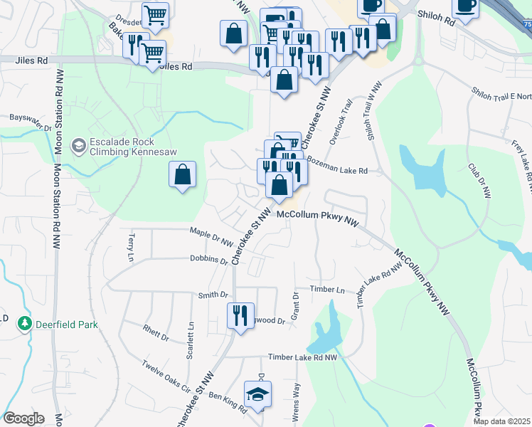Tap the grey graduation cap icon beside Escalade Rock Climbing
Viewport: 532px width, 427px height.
tap(79, 147)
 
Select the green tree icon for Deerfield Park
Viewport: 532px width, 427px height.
tap(26, 325)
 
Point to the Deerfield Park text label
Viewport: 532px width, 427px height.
tap(68, 325)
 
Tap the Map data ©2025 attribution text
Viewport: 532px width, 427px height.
tap(501, 421)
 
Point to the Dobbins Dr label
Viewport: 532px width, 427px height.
tap(208, 260)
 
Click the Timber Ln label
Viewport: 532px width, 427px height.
tap(326, 290)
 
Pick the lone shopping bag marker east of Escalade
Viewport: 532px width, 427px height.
tap(183, 174)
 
